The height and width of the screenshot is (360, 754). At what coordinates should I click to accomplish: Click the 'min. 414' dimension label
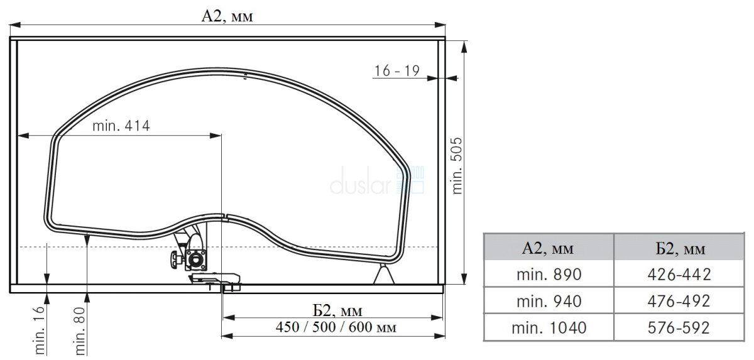point(121,126)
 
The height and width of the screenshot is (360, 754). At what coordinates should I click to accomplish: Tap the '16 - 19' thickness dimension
point(397,71)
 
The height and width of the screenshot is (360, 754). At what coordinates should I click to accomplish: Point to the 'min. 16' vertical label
point(39,330)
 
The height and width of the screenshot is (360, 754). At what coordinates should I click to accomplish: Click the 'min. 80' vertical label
point(79,331)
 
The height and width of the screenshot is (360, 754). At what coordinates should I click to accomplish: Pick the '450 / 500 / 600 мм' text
point(336,327)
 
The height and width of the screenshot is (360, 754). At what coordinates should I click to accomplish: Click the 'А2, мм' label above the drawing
point(227,16)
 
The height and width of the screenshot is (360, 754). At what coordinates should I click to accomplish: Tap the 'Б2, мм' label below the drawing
point(337,310)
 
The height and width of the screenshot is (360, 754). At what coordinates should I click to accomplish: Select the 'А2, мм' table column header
point(548,248)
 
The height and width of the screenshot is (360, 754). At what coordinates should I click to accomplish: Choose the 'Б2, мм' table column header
point(680,249)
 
